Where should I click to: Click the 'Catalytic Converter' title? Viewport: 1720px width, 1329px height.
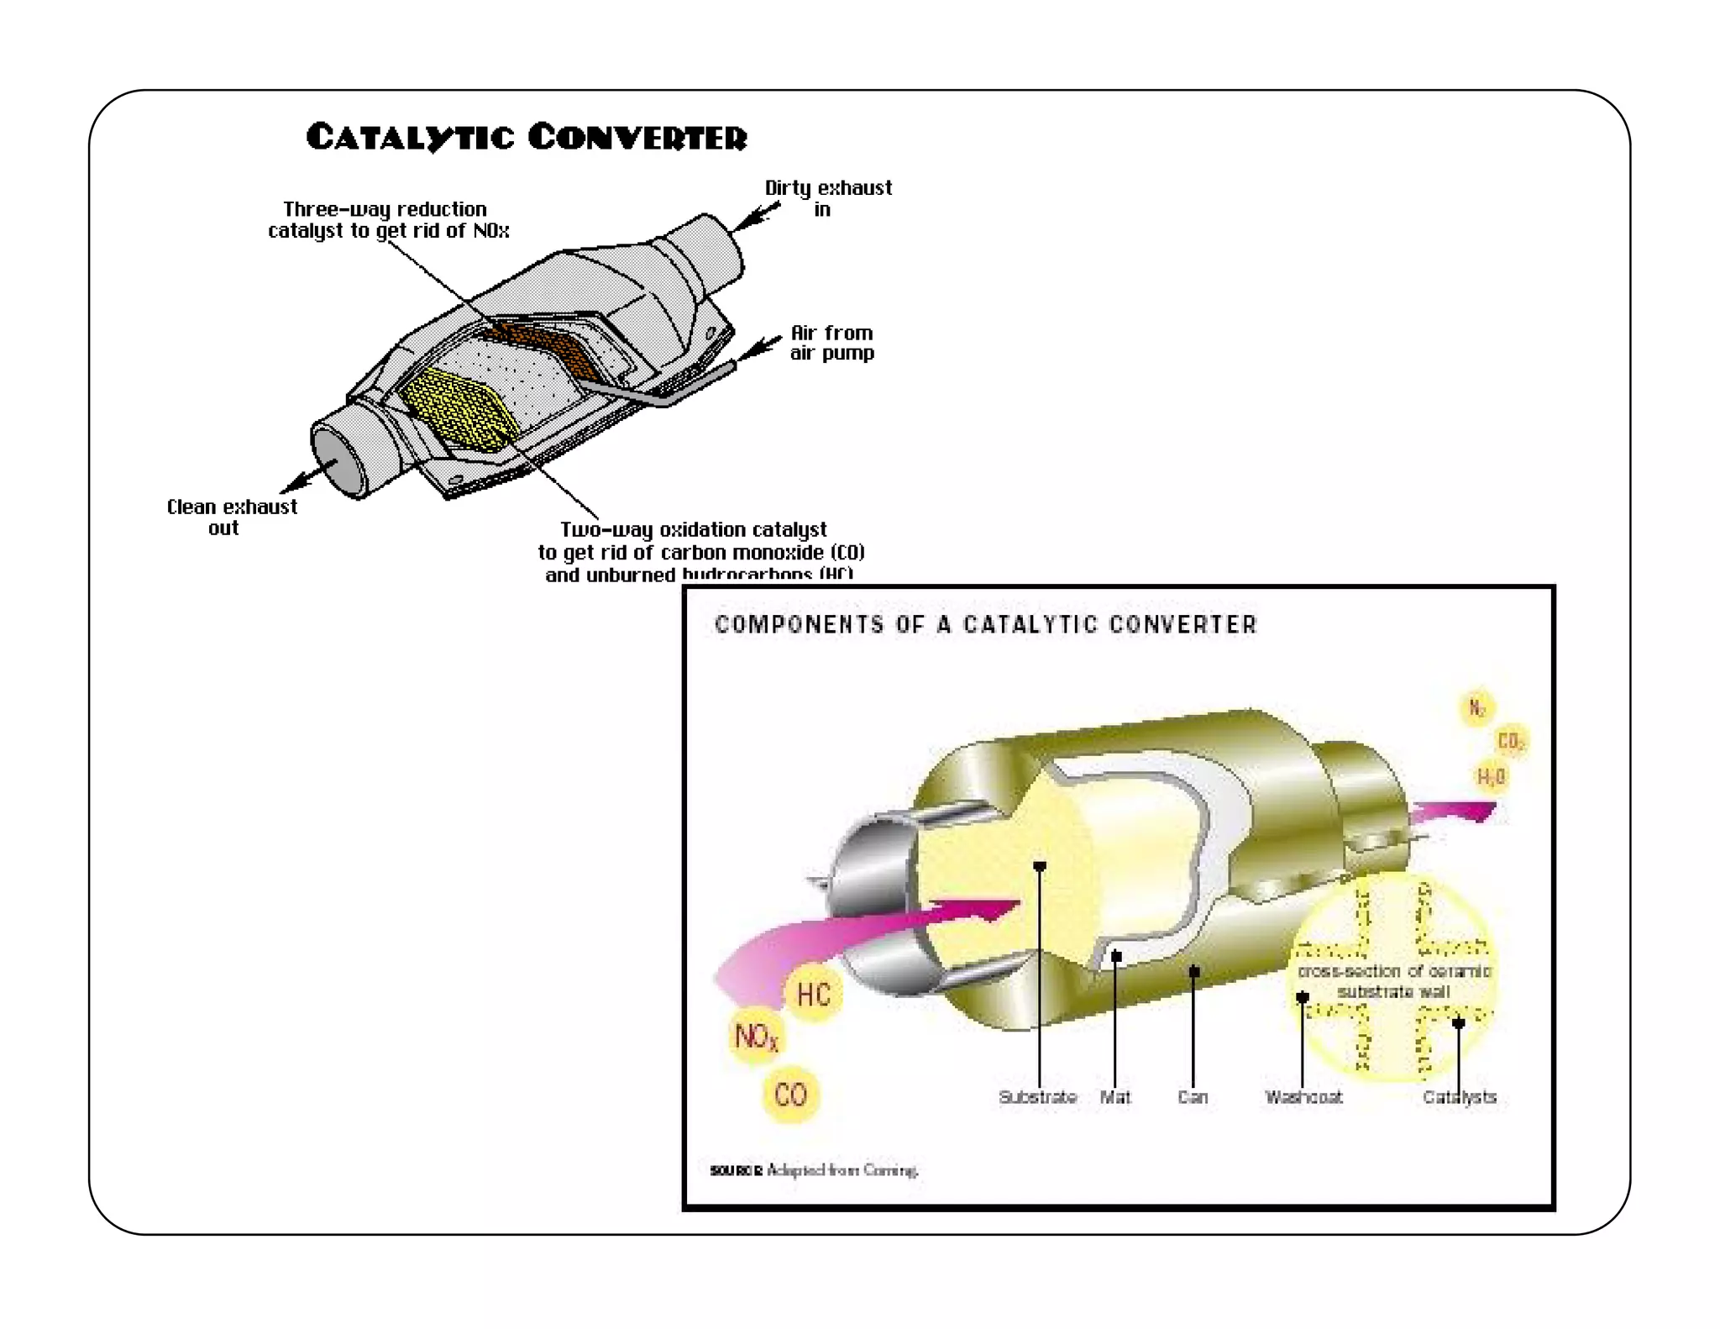click(x=526, y=137)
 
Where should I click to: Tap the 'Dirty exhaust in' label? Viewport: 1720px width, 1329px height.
click(x=827, y=198)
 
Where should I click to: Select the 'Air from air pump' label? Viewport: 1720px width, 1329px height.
click(x=831, y=343)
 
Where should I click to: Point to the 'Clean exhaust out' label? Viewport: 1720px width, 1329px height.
click(x=231, y=517)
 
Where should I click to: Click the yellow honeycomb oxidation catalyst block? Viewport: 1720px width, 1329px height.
click(x=458, y=407)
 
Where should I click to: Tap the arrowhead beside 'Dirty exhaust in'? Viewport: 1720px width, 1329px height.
click(x=750, y=218)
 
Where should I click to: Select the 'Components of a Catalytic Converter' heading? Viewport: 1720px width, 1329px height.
click(x=985, y=624)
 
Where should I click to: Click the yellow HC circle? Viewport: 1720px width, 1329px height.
click(x=813, y=995)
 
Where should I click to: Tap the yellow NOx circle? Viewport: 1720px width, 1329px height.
click(x=756, y=1037)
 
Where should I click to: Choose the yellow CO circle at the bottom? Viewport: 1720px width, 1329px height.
click(x=790, y=1094)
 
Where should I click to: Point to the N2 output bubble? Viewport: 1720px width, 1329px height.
click(x=1476, y=707)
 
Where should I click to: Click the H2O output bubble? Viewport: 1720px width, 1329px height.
click(x=1492, y=776)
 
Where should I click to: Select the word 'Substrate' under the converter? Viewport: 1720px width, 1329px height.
click(x=1037, y=1096)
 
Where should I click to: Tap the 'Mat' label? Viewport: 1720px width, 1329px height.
click(x=1115, y=1096)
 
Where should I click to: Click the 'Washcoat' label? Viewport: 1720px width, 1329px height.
click(x=1303, y=1096)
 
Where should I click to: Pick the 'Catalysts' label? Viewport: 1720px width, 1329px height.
click(x=1460, y=1096)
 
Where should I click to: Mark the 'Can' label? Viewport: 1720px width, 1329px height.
click(x=1193, y=1096)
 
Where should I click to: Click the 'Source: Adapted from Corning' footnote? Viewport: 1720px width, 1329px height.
click(x=814, y=1169)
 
